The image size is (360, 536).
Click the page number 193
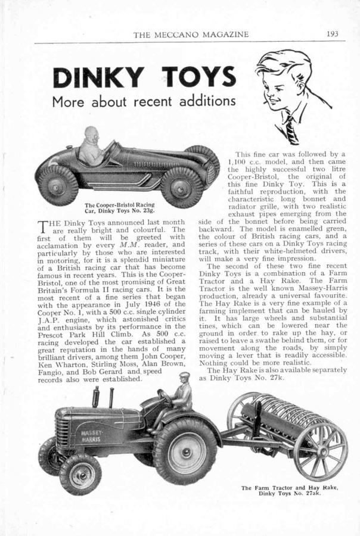[333, 34]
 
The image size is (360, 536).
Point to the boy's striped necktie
[290, 127]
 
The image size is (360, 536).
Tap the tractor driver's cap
[185, 376]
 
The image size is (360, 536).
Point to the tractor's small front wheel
[80, 473]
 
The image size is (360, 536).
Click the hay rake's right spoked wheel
[321, 443]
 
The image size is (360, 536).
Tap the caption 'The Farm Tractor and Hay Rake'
[290, 490]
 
